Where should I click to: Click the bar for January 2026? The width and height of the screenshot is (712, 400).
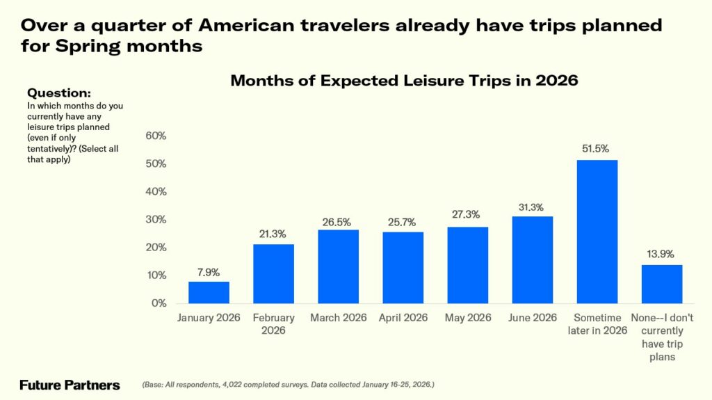coord(209,292)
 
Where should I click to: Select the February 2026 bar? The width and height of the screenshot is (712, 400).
coord(273,273)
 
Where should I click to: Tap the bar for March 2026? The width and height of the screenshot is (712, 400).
coord(338,266)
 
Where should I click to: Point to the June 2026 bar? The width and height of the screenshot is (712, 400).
coord(532,259)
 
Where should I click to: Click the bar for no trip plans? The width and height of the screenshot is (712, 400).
coord(661,284)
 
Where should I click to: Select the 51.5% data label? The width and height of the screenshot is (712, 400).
coord(597,149)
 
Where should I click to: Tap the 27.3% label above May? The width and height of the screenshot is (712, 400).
coord(467,216)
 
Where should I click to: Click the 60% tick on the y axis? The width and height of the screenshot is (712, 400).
coord(156,136)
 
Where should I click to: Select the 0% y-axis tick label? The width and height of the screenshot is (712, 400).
coord(159,303)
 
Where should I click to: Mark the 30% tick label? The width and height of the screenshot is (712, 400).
coord(156,220)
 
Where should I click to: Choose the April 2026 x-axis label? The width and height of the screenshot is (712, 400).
coord(403,318)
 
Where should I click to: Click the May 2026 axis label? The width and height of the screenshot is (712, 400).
coord(467,318)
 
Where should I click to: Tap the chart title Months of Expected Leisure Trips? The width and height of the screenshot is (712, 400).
coord(404,81)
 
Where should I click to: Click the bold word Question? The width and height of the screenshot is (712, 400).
coord(58,93)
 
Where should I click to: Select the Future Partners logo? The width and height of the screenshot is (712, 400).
coord(70,385)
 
